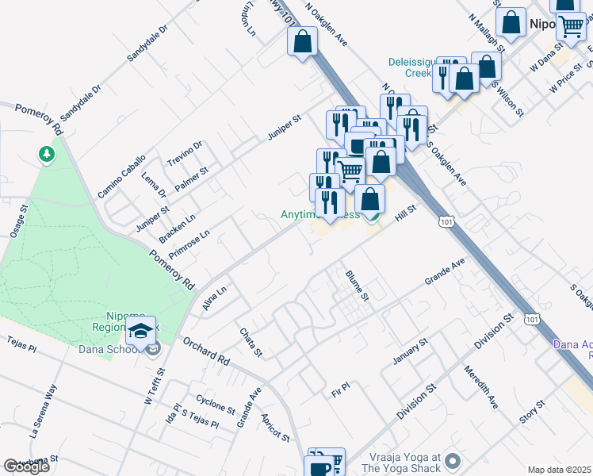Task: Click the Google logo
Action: click(x=26, y=466)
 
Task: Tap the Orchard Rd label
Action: click(x=205, y=350)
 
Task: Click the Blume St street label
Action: click(x=358, y=286)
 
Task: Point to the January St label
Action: click(x=411, y=352)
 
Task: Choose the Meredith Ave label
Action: click(x=481, y=388)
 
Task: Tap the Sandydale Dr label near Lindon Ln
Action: click(x=148, y=43)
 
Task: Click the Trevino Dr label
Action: click(x=186, y=154)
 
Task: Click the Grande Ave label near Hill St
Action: click(x=444, y=271)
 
